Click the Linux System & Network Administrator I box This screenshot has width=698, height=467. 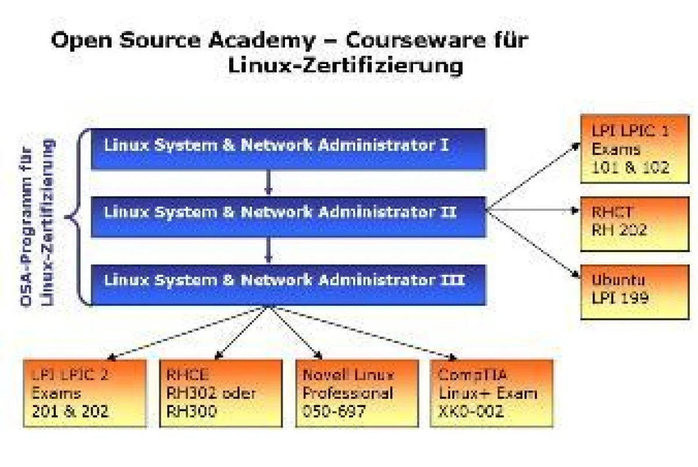pos(288,148)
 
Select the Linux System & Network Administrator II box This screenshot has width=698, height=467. pos(288,216)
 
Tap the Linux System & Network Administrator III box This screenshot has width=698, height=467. pos(288,285)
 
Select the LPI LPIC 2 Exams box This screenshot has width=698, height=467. pos(84,394)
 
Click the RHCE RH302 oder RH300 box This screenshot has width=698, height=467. pos(220,394)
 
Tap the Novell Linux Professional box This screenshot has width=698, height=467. pos(357,394)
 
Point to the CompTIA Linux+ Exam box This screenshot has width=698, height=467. pos(492,394)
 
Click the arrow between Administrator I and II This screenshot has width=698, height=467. pos(268,183)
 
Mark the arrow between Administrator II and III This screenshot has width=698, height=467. pos(268,251)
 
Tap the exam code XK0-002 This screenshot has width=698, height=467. pos(472,412)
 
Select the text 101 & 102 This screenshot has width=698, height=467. pos(631,168)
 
